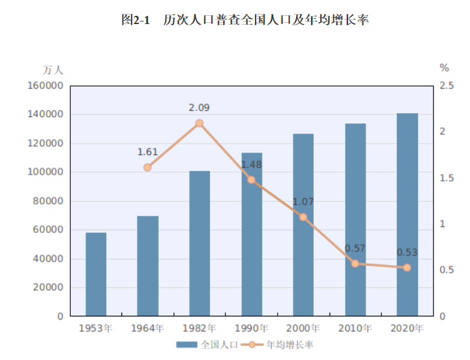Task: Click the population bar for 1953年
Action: pyautogui.click(x=96, y=274)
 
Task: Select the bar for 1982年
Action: pyautogui.click(x=199, y=243)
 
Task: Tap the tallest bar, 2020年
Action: pyautogui.click(x=407, y=214)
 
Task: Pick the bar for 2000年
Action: pyautogui.click(x=303, y=225)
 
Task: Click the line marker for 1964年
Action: pyautogui.click(x=147, y=168)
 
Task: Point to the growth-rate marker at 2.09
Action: pyautogui.click(x=199, y=123)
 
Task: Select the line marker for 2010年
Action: pyautogui.click(x=355, y=263)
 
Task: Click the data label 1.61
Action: pyautogui.click(x=147, y=152)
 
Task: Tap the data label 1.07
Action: pyautogui.click(x=303, y=202)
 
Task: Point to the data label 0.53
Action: pyautogui.click(x=407, y=252)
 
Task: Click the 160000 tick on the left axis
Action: pyautogui.click(x=45, y=85)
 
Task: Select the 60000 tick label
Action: pyautogui.click(x=47, y=230)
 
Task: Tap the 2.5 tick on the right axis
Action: pyautogui.click(x=447, y=85)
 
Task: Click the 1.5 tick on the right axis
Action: pyautogui.click(x=447, y=178)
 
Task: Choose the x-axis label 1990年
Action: pyautogui.click(x=251, y=328)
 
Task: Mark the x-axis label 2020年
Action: pyautogui.click(x=407, y=328)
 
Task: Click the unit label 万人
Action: pyautogui.click(x=53, y=70)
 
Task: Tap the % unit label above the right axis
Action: pyautogui.click(x=444, y=68)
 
